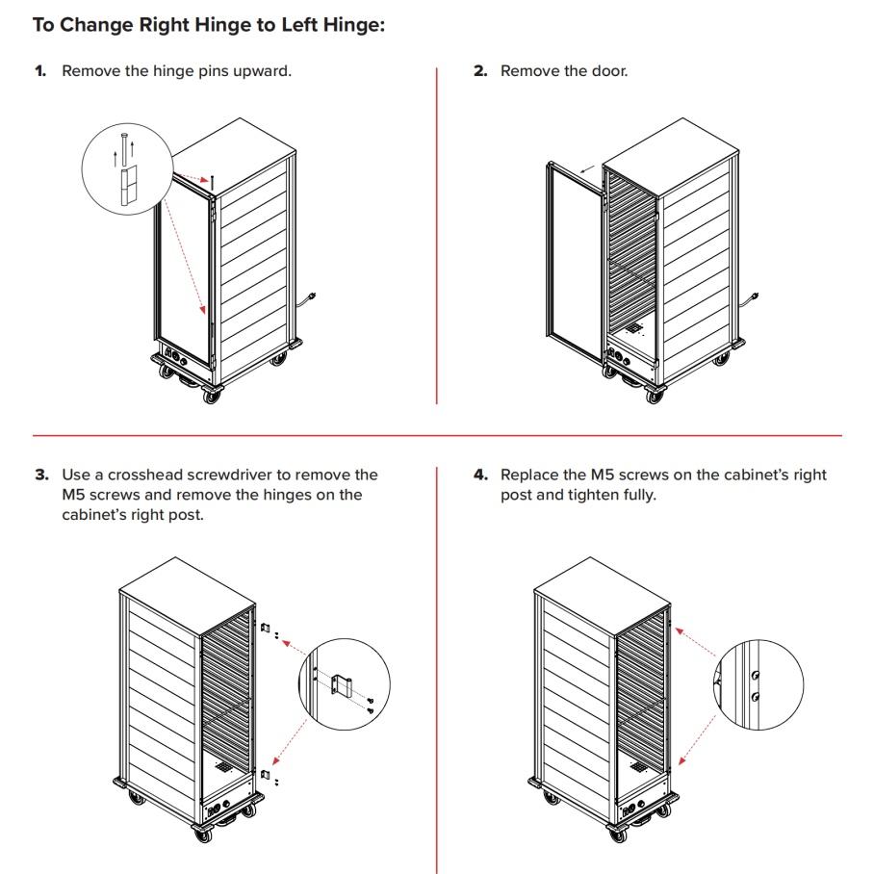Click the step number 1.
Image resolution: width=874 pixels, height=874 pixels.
40,71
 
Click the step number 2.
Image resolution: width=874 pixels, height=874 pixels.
480,71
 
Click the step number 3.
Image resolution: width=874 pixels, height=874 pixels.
41,475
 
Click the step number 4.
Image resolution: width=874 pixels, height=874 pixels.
480,475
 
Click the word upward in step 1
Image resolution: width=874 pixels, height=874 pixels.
257,71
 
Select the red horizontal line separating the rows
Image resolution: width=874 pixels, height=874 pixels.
437,435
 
